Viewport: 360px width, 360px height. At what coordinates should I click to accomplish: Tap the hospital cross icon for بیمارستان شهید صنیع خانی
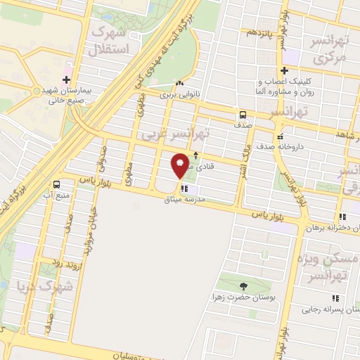pos(67,79)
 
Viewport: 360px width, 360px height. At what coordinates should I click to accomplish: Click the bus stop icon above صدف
pos(243,114)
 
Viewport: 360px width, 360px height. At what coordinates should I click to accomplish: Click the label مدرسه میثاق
pos(205,200)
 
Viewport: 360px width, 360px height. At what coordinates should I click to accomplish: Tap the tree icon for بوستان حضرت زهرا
pos(243,286)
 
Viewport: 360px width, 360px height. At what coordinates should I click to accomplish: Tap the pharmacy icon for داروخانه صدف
pos(281,136)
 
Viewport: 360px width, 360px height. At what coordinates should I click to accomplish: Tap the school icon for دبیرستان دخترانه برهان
pos(342,217)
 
